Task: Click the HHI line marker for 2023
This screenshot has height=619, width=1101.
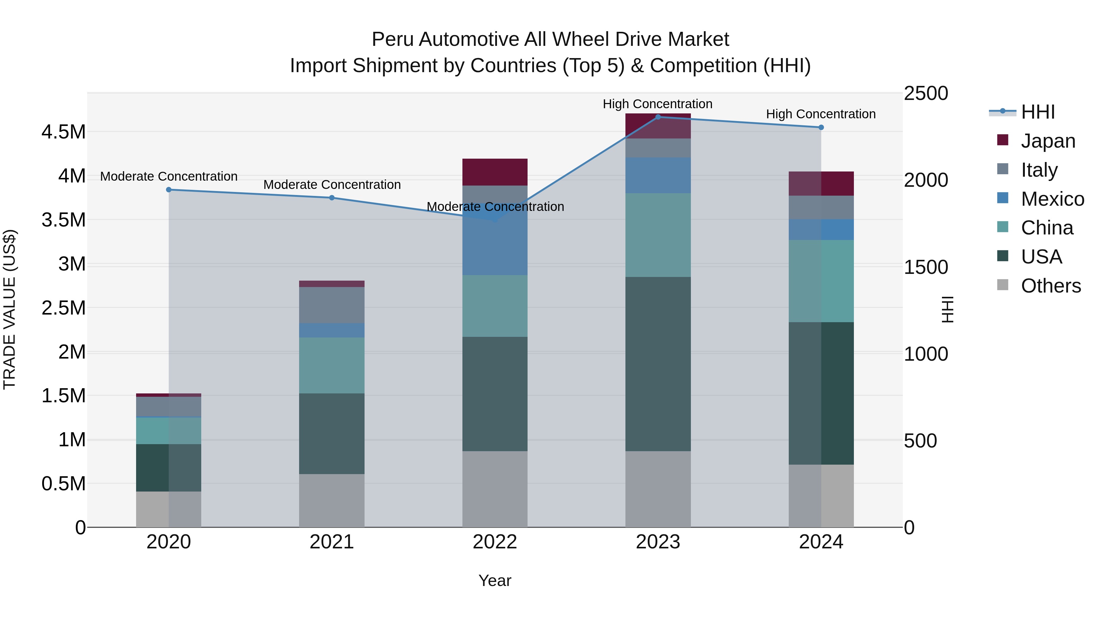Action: tap(658, 117)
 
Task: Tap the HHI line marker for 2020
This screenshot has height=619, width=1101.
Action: tap(169, 190)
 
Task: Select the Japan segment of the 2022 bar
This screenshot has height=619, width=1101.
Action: tap(495, 172)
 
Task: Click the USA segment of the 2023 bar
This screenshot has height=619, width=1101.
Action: tap(658, 364)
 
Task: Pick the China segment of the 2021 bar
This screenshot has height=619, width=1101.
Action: tap(332, 365)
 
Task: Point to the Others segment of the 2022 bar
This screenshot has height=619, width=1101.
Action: tap(495, 489)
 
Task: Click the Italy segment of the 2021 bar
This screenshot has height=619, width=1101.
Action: tap(332, 305)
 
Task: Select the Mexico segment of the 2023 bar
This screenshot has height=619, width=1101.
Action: tap(658, 175)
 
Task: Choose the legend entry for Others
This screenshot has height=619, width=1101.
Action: tap(1050, 286)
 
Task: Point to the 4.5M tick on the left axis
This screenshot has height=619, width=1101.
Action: tap(63, 132)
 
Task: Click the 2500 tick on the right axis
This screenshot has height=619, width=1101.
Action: tap(926, 94)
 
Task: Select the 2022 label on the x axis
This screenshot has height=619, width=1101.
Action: tap(495, 542)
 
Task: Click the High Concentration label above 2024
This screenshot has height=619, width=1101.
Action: tap(821, 114)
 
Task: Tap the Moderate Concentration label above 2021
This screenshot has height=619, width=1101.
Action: tap(332, 185)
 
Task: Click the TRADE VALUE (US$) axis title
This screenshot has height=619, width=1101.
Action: tap(9, 309)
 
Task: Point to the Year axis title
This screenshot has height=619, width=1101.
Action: tap(495, 580)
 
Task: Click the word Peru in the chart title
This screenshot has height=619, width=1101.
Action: tap(392, 39)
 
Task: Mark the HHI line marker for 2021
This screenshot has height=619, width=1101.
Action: tap(332, 198)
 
